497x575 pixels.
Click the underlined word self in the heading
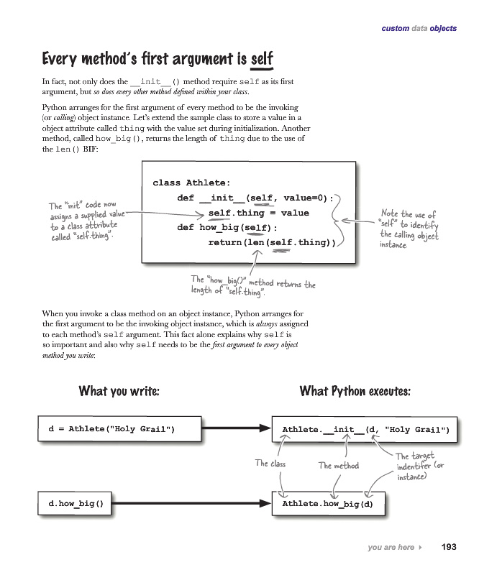pyautogui.click(x=261, y=58)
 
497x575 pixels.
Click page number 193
pyautogui.click(x=448, y=547)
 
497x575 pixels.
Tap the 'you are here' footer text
pyautogui.click(x=391, y=548)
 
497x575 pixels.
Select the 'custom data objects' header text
pyautogui.click(x=419, y=29)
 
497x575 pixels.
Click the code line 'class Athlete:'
pyautogui.click(x=191, y=183)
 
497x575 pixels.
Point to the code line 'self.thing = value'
pyautogui.click(x=258, y=213)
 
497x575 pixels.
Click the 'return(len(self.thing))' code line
pyautogui.click(x=272, y=243)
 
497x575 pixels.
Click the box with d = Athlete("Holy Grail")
pyautogui.click(x=111, y=430)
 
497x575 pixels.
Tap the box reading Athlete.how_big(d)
pyautogui.click(x=327, y=504)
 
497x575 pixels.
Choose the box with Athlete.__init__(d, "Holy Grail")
pyautogui.click(x=365, y=430)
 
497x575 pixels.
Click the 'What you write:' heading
pyautogui.click(x=119, y=392)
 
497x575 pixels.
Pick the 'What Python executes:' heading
pyautogui.click(x=355, y=392)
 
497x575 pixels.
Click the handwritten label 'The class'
pyautogui.click(x=270, y=464)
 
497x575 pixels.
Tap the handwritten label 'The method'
pyautogui.click(x=338, y=466)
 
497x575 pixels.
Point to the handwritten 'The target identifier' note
pyautogui.click(x=420, y=466)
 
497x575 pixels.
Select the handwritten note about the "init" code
pyautogui.click(x=82, y=221)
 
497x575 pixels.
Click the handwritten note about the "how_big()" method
pyautogui.click(x=252, y=285)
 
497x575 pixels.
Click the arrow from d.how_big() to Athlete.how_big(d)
pyautogui.click(x=191, y=504)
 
